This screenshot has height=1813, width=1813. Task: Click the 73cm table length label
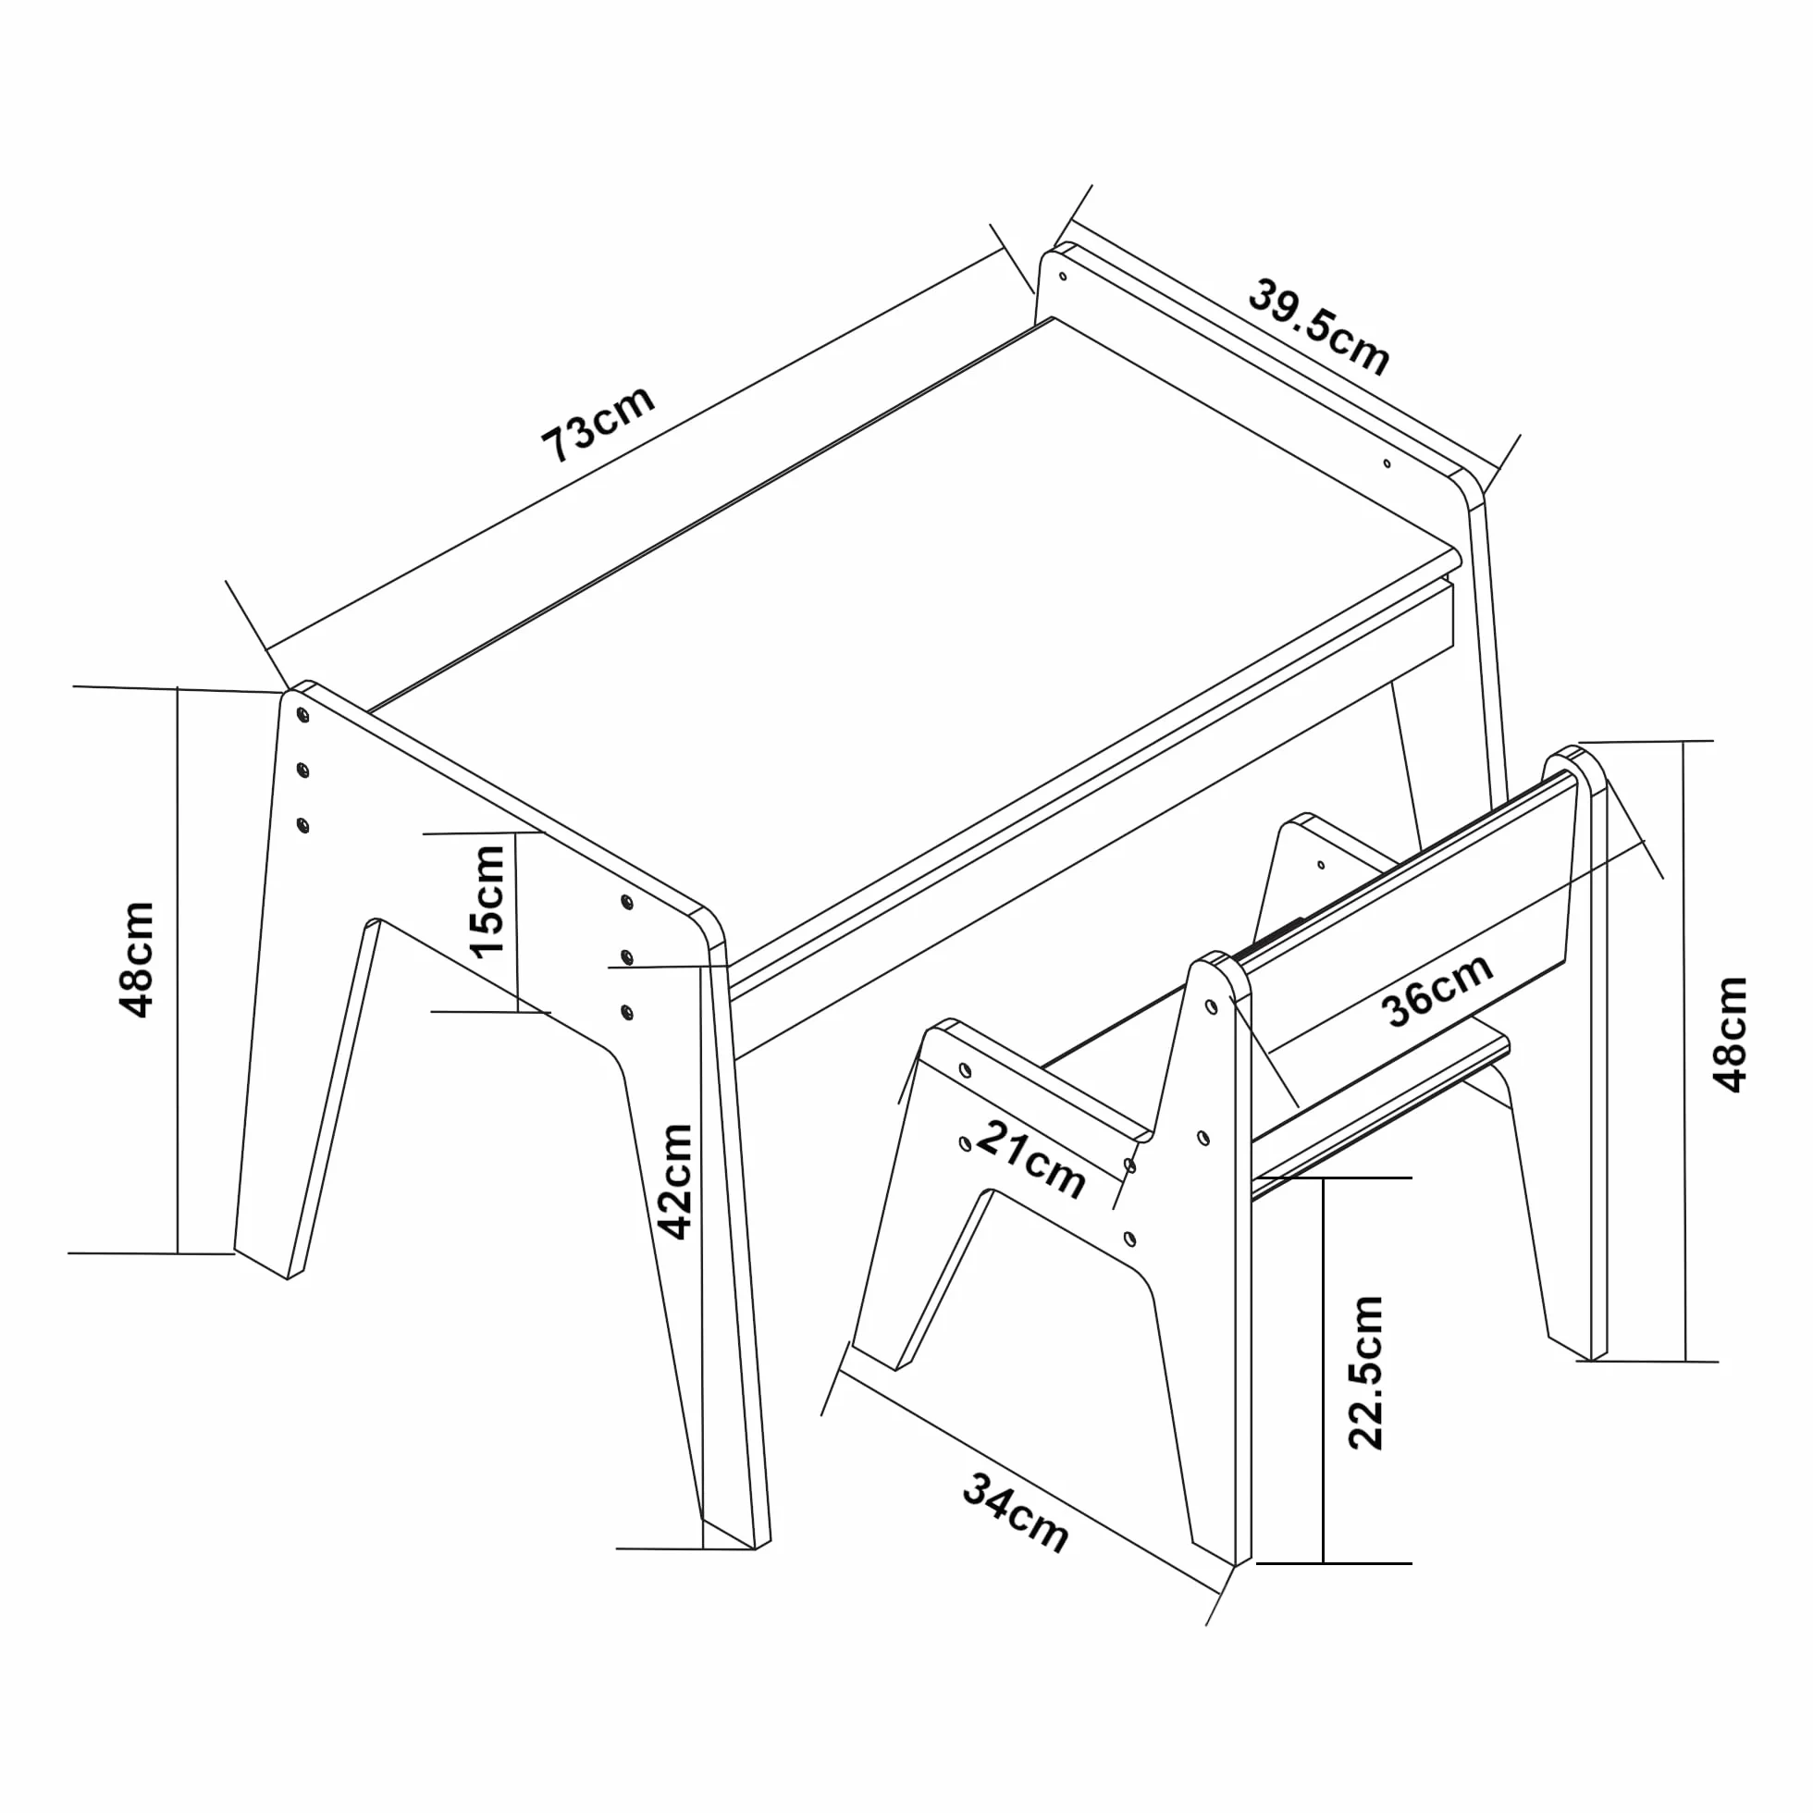click(598, 425)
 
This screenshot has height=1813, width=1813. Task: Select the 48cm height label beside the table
click(137, 959)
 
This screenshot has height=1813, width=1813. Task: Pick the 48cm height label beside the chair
click(1732, 1034)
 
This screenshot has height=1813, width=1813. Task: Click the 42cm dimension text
click(674, 1181)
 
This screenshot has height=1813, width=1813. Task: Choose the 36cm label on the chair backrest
click(1437, 991)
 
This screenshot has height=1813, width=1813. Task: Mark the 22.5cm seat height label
click(1365, 1372)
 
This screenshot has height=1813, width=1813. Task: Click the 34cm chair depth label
click(1016, 1511)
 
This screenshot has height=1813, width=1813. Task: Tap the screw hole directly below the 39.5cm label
click(1387, 462)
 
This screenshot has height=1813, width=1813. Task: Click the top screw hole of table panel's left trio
click(302, 716)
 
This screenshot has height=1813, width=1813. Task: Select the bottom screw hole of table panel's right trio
click(627, 1012)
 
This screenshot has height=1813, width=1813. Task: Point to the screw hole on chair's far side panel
click(1321, 864)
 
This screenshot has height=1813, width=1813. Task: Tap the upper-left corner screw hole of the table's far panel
click(1062, 277)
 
